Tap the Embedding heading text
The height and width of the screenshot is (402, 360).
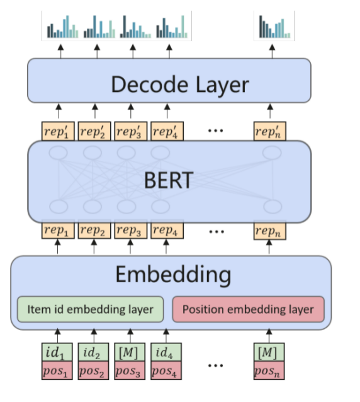[x=172, y=275]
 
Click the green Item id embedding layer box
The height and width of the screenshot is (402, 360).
[x=90, y=309]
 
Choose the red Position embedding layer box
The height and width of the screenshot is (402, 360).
[x=247, y=309]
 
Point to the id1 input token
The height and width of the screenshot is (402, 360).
[x=57, y=351]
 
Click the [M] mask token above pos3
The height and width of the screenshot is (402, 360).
[x=130, y=351]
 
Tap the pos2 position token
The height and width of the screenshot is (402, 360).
[x=94, y=371]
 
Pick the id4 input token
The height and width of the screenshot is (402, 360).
[x=167, y=351]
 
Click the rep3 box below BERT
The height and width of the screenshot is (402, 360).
[x=130, y=231]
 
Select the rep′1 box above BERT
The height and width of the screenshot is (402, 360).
[x=57, y=131]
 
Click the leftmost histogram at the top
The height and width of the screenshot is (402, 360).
[x=62, y=27]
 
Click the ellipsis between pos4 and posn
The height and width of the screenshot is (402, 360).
[x=216, y=366]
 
